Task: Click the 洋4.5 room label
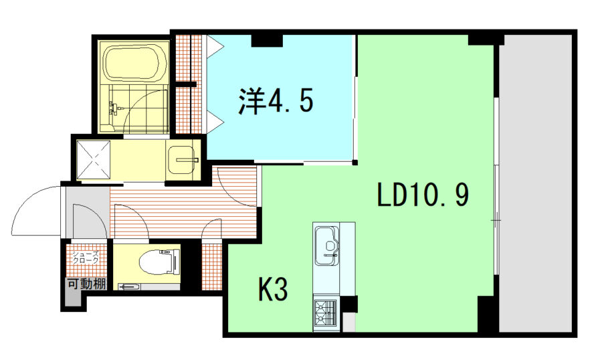pos(276,100)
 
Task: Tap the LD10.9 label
pos(423,195)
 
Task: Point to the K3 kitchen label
pos(273,289)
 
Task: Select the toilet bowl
pos(158,262)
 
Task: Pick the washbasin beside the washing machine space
pos(183,159)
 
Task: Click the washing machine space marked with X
pos(93,159)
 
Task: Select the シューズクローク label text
pos(86,257)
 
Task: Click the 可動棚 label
pos(87,284)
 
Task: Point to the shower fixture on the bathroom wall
pos(115,108)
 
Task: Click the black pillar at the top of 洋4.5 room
pos(267,40)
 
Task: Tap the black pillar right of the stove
pos(348,304)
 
